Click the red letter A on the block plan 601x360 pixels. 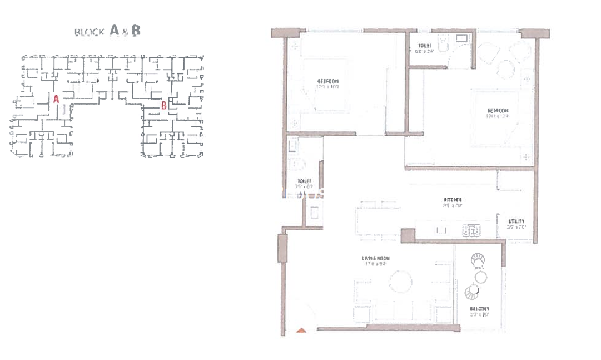click(56, 98)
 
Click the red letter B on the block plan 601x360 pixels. click(163, 104)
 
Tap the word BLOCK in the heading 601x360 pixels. click(90, 32)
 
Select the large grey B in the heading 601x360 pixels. click(136, 31)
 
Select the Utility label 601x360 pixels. click(516, 224)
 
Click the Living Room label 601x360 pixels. click(375, 261)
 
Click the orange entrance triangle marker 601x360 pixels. click(301, 331)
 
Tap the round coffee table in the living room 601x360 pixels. click(400, 281)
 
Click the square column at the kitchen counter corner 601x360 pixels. click(408, 235)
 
